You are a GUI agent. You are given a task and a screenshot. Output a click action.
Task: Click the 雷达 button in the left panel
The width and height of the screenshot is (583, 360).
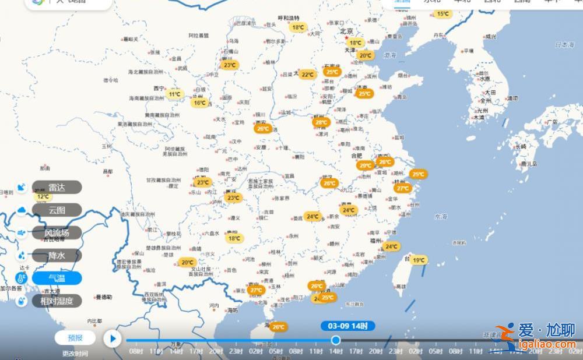pyautogui.click(x=57, y=187)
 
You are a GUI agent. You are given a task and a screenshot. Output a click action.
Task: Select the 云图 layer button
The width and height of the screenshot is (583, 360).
pyautogui.click(x=57, y=210)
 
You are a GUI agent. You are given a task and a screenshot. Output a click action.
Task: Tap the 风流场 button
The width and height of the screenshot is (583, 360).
pyautogui.click(x=57, y=232)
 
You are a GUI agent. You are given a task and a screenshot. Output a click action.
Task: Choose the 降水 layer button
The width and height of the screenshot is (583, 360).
pyautogui.click(x=57, y=255)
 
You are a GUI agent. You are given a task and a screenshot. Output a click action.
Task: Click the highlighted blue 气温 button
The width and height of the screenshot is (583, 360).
pyautogui.click(x=57, y=278)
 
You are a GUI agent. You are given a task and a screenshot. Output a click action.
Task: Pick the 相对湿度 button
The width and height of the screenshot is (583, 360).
pyautogui.click(x=57, y=301)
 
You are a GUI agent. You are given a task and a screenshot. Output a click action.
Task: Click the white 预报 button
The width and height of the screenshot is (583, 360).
pyautogui.click(x=75, y=337)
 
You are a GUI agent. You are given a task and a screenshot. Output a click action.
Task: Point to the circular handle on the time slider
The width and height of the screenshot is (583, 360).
pyautogui.click(x=336, y=340)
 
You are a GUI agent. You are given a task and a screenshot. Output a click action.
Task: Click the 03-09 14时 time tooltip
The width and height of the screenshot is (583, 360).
pyautogui.click(x=347, y=326)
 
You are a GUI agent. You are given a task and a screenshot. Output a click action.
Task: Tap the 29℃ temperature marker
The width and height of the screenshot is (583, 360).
pyautogui.click(x=365, y=165)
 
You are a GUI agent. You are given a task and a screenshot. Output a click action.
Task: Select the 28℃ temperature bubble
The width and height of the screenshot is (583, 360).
pyautogui.click(x=321, y=122)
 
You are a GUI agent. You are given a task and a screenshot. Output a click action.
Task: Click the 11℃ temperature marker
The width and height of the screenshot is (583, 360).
pyautogui.click(x=174, y=94)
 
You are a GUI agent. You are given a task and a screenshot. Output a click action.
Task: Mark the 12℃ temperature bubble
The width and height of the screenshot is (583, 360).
pyautogui.click(x=43, y=197)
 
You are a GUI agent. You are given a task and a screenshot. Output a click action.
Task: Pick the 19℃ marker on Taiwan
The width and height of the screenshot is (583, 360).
pyautogui.click(x=419, y=260)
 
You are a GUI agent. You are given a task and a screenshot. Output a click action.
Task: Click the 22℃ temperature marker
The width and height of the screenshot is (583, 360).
pyautogui.click(x=307, y=75)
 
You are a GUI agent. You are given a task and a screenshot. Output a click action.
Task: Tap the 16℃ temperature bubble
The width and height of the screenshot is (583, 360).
pyautogui.click(x=200, y=103)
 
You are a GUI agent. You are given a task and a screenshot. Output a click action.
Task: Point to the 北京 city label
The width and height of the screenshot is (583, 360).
pyautogui.click(x=347, y=31)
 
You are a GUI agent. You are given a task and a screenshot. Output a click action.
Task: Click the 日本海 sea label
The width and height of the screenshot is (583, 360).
pyautogui.click(x=564, y=44)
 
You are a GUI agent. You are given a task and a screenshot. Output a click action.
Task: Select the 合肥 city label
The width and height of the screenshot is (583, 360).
pyautogui.click(x=357, y=156)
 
